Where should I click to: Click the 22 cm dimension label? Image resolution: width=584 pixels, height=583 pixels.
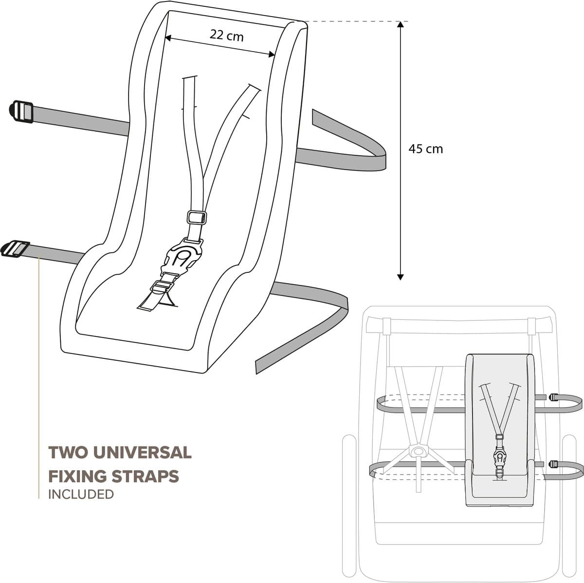226,35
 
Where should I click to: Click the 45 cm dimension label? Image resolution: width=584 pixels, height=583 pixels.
425,149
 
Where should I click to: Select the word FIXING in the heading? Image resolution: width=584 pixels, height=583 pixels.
78,477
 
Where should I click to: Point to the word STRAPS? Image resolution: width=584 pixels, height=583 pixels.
146,477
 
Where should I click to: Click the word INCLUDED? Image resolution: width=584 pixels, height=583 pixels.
81,495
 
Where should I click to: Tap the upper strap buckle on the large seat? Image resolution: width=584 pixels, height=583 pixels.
21,112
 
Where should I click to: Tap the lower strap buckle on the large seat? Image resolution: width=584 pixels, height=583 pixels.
15,249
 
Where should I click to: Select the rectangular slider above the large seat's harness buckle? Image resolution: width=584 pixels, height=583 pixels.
197,217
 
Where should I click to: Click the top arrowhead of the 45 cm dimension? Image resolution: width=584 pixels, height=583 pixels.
401,24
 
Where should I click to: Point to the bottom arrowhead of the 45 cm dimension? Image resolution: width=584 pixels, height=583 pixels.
401,277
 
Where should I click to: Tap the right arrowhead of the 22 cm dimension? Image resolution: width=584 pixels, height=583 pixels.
272,54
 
